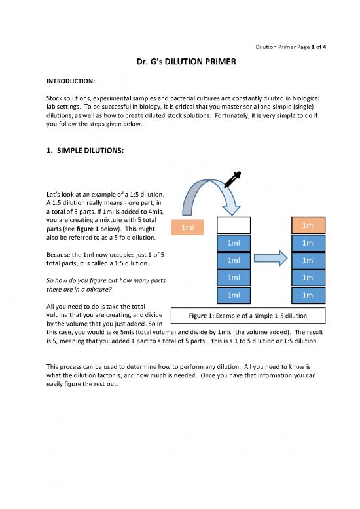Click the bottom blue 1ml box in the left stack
pyautogui.click(x=234, y=295)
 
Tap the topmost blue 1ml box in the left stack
pyautogui.click(x=234, y=243)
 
